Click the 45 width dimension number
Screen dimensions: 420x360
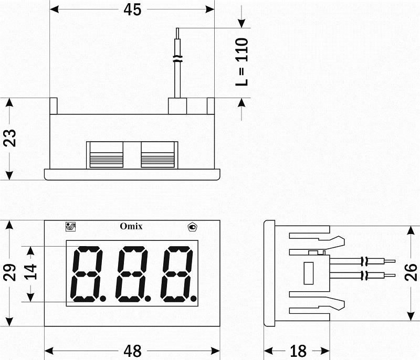pos(132,9)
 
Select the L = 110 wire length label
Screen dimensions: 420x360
pos(242,62)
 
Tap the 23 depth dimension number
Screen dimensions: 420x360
pos(9,138)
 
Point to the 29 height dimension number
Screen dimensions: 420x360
pos(9,272)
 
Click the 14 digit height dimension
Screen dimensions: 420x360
pos(30,272)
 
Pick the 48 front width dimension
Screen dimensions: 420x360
pos(132,351)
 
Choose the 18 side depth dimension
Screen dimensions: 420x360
pos(298,351)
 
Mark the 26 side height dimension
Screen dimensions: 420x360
pos(411,272)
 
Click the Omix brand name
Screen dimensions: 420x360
pos(131,226)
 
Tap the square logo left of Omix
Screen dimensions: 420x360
pos(71,227)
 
